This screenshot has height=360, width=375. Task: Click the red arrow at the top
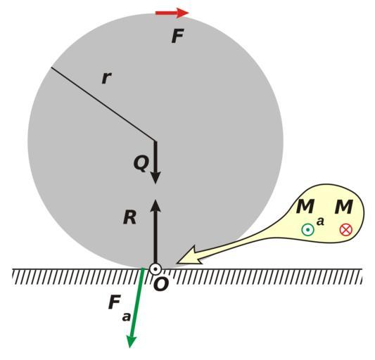[172, 13]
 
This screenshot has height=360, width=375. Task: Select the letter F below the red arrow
[178, 36]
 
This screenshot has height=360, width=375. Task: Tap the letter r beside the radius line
[106, 78]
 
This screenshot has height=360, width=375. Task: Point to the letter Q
[141, 164]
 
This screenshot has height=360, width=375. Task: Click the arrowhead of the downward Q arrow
[155, 178]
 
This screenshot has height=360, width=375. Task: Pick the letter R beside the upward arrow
[130, 217]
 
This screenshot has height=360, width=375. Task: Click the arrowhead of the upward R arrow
[155, 205]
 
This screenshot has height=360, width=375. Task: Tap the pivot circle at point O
[155, 269]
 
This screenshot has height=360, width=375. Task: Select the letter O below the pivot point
[161, 285]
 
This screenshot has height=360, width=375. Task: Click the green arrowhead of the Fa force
[132, 341]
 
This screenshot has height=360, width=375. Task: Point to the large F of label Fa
[114, 302]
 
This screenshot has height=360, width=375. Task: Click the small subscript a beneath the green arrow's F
[126, 317]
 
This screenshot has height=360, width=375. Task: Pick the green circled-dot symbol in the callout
[307, 230]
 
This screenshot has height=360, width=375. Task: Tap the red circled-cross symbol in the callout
[346, 230]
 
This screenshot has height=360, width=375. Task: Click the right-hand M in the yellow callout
[343, 207]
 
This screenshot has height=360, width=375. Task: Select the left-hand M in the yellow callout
[305, 207]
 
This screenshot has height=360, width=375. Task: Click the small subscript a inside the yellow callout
[320, 221]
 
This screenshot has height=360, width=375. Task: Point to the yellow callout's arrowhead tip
[177, 263]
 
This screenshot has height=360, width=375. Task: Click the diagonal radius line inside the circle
[103, 104]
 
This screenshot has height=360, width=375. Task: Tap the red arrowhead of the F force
[183, 13]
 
